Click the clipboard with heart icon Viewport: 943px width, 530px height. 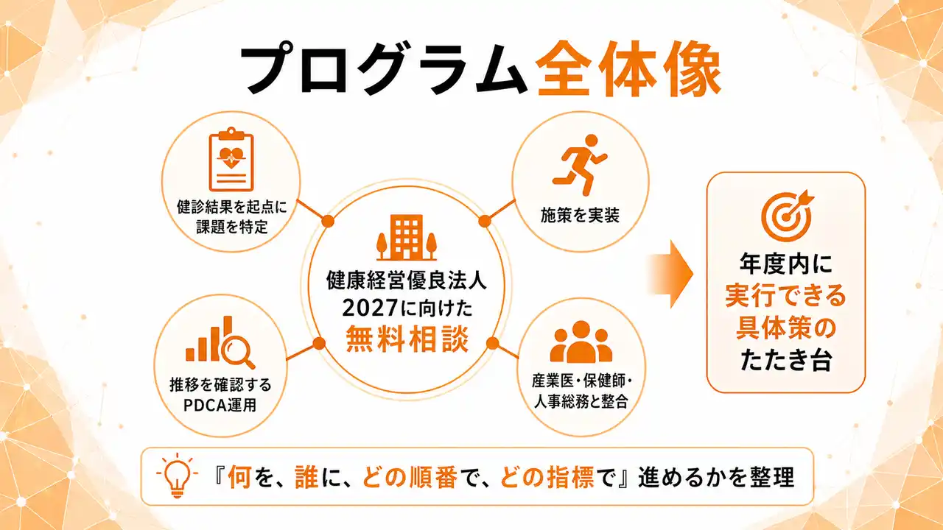click(x=231, y=159)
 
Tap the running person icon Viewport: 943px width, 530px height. click(x=580, y=165)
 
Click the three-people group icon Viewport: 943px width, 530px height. click(x=581, y=342)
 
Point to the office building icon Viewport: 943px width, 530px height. click(x=406, y=238)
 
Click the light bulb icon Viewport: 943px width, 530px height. click(x=177, y=476)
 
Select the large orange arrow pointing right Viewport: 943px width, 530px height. click(x=670, y=275)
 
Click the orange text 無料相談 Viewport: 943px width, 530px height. click(x=407, y=339)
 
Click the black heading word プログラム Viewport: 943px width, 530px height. click(x=384, y=69)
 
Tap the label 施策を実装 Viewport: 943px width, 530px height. click(x=580, y=216)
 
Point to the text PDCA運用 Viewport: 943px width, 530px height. click(x=220, y=405)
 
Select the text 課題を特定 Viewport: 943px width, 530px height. click(x=232, y=227)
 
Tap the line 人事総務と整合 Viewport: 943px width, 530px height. click(x=581, y=402)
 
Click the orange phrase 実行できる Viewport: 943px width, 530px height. click(x=785, y=296)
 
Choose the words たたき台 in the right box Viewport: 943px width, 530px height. click(x=785, y=360)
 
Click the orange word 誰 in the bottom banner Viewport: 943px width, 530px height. click(x=306, y=477)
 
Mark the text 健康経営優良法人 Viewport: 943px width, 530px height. click(x=407, y=280)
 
